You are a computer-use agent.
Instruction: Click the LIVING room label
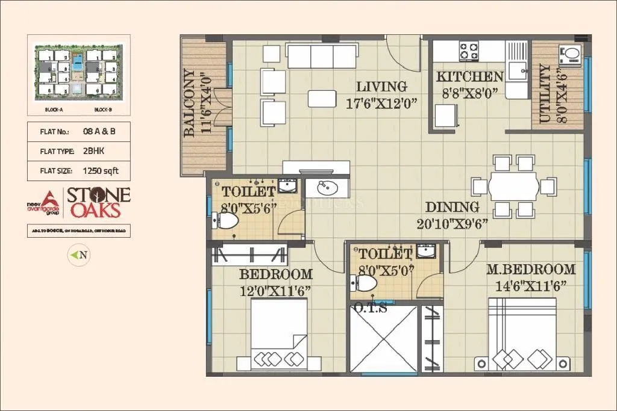click(x=381, y=87)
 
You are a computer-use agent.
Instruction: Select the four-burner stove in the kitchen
click(x=468, y=51)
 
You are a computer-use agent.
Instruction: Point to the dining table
click(x=512, y=186)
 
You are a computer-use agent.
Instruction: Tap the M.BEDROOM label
click(x=531, y=269)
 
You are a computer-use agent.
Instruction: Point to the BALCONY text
click(x=190, y=103)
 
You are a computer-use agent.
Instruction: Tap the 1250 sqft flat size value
click(x=101, y=171)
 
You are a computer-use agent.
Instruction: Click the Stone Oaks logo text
click(x=97, y=202)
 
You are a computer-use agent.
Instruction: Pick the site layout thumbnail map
click(x=79, y=74)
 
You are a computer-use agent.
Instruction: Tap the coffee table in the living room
click(x=322, y=97)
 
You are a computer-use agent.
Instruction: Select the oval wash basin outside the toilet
click(x=326, y=189)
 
